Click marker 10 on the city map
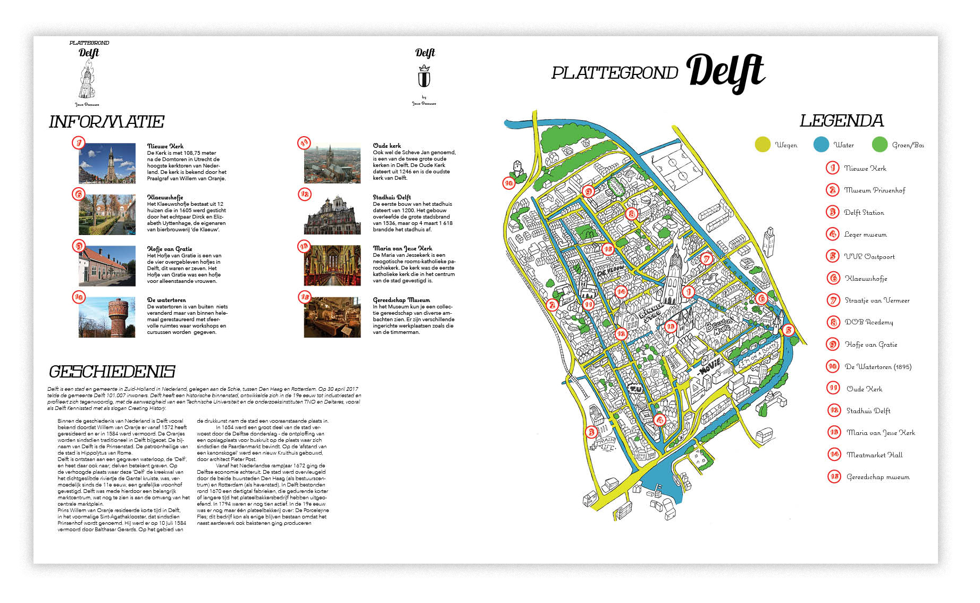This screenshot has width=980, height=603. tap(508, 183)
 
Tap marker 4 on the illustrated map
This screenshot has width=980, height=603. tap(659, 420)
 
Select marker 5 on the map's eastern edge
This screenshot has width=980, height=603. tap(789, 330)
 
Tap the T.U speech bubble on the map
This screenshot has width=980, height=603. tap(635, 389)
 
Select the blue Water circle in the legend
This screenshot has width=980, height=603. tap(821, 145)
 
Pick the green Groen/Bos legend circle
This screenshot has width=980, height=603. tap(880, 145)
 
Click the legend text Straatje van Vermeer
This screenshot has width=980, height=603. tap(877, 300)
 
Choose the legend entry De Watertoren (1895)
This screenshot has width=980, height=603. tap(878, 366)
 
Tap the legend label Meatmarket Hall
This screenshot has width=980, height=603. tap(874, 455)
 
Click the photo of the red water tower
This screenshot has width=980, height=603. tap(107, 317)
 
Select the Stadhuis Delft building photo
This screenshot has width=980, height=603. tap(332, 214)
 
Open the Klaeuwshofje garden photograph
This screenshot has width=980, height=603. tap(107, 214)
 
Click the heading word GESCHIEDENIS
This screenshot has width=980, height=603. tap(112, 371)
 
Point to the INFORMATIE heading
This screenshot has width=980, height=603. tap(106, 122)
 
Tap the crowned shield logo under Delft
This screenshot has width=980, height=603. tap(424, 77)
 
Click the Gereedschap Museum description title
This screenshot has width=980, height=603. tap(401, 300)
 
